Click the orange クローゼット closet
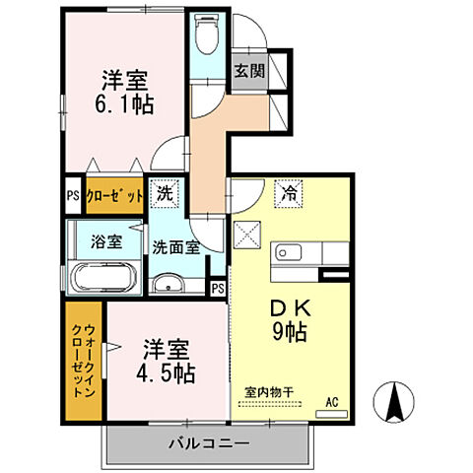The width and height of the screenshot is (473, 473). click(x=113, y=194)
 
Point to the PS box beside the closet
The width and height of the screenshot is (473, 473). click(x=72, y=194)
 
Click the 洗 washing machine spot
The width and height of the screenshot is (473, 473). click(x=165, y=193)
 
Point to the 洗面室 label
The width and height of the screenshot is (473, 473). click(x=177, y=248)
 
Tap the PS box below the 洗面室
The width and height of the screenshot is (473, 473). click(x=217, y=288)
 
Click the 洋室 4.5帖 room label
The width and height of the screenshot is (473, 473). click(x=168, y=362)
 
